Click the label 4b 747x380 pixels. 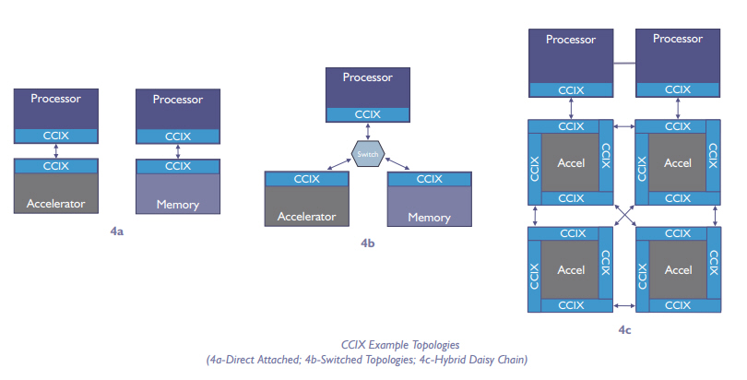click(x=368, y=244)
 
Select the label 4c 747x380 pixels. click(x=624, y=328)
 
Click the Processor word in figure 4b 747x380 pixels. click(x=368, y=77)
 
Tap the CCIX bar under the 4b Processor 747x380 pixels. click(x=368, y=114)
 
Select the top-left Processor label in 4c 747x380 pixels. click(x=571, y=39)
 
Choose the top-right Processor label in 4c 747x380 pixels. click(x=678, y=39)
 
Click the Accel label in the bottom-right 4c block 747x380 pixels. click(x=678, y=270)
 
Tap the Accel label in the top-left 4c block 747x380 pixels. click(x=571, y=163)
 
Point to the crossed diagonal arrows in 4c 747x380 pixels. click(x=624, y=217)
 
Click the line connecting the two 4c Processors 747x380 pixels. click(x=624, y=63)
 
